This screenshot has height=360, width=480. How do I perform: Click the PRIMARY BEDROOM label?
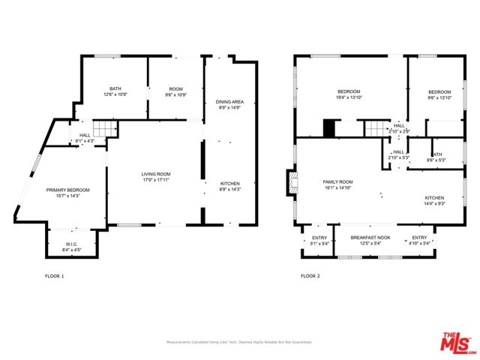67,193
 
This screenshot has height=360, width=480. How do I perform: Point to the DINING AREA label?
229,105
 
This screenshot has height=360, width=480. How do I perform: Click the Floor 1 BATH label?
115,91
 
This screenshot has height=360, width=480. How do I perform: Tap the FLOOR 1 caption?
55,276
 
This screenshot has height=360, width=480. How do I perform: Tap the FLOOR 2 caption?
310,276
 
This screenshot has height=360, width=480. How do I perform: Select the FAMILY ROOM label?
337,185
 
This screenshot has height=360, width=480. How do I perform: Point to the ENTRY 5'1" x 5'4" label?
319,240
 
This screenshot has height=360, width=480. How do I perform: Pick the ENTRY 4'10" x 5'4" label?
418,240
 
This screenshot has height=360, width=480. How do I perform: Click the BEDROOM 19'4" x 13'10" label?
349,94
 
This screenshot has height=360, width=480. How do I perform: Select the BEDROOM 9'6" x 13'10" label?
439,94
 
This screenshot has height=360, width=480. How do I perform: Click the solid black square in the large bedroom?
328,128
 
